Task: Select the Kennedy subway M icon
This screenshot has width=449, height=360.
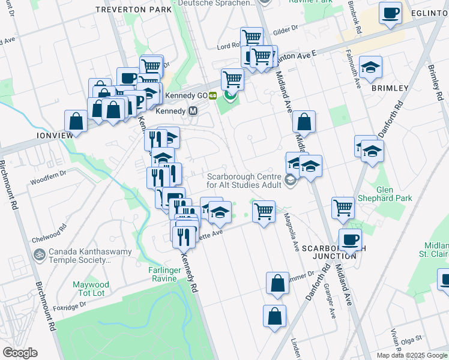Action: (193, 111)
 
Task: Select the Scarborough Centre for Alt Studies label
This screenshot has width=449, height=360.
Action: (244, 181)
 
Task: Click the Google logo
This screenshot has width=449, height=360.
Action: (20, 352)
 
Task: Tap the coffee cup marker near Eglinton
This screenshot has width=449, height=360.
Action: (391, 13)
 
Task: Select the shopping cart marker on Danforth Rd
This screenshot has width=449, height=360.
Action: (343, 208)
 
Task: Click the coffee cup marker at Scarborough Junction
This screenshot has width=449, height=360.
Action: (350, 240)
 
